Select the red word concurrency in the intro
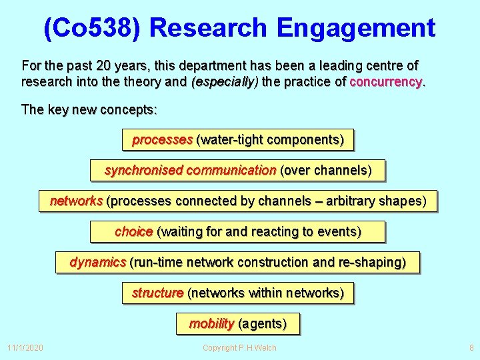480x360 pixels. point(386,82)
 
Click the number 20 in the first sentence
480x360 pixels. point(104,66)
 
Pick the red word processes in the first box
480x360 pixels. point(162,140)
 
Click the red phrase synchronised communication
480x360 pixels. point(190,171)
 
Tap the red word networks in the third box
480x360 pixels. point(76,201)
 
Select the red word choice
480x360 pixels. point(133,232)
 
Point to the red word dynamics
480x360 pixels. point(97,263)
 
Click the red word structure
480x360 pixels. point(157,293)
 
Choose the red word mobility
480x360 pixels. point(211,324)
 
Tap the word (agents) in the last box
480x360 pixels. point(263,324)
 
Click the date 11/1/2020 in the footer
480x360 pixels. point(25,347)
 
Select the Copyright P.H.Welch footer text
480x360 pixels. point(239,347)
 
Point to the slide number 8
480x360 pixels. point(471,347)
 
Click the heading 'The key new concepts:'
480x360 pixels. point(89,109)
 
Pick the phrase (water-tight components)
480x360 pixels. point(270,140)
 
